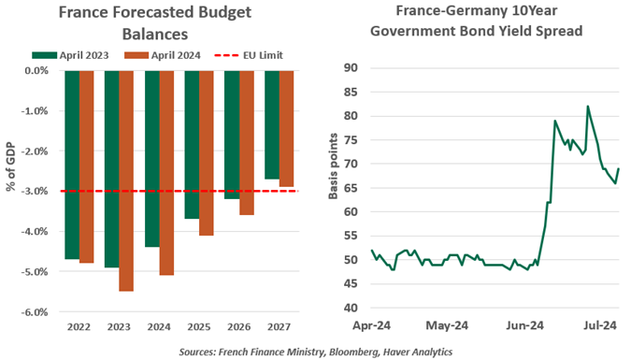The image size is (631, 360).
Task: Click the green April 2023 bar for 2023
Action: pos(112,168)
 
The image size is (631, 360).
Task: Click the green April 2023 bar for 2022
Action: pos(72,165)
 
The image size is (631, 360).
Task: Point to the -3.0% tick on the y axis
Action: pos(35,191)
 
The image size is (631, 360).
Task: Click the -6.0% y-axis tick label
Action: pos(35,312)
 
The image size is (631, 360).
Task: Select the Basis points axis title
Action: pos(334,187)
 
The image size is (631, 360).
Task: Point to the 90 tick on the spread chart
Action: pos(352,67)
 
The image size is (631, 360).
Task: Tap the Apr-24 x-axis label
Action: pos(371,326)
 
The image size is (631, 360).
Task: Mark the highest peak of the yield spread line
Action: pos(587,106)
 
